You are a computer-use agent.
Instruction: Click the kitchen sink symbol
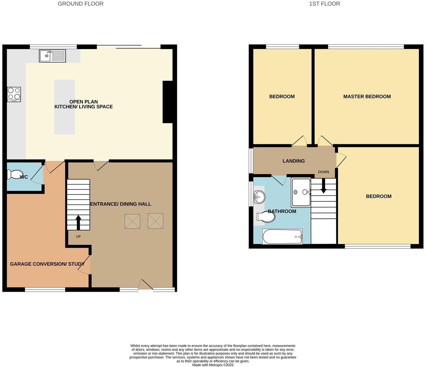[53, 56]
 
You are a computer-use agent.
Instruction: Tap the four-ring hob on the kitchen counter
[14, 94]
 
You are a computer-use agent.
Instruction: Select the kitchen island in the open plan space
[64, 107]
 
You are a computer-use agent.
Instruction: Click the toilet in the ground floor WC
[15, 174]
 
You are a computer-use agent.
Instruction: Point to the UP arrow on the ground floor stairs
[78, 222]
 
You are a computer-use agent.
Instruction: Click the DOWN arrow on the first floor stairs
[323, 186]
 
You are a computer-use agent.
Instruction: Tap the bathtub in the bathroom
[282, 237]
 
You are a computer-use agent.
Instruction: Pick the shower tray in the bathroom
[301, 193]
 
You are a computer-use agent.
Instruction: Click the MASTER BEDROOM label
[367, 97]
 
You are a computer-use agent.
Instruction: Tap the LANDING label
[294, 161]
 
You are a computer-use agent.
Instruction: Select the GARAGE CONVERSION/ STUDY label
[47, 264]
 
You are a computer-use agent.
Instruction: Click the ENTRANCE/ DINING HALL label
[121, 204]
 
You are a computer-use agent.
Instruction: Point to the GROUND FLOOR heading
[81, 4]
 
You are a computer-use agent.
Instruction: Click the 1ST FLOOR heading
[324, 4]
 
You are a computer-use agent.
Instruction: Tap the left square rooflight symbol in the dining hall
[132, 221]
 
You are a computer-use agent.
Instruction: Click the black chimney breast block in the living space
[168, 102]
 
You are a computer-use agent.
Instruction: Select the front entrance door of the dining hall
[145, 285]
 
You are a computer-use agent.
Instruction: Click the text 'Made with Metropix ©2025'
[213, 365]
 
